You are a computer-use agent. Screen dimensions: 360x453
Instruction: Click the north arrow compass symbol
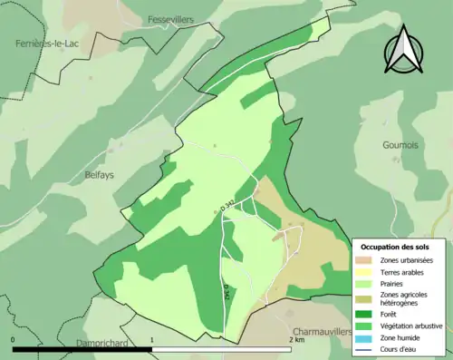[404, 50]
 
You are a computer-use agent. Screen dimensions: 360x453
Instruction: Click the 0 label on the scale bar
[14, 340]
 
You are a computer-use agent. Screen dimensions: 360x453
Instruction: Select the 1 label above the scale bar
[151, 340]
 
